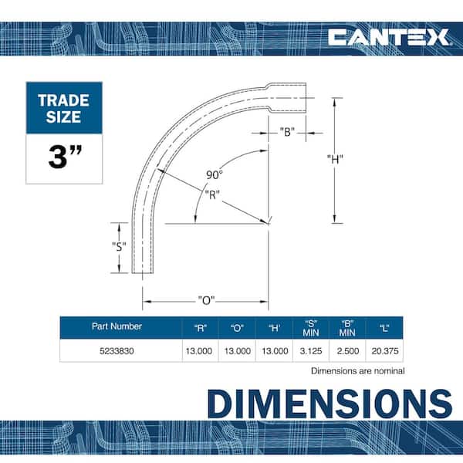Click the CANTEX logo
tap(388, 38)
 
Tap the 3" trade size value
tap(65, 157)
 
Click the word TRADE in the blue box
tap(64, 100)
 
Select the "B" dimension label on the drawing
tap(287, 132)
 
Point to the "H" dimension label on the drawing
tap(335, 159)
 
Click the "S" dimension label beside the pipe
tap(119, 246)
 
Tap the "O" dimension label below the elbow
tap(206, 300)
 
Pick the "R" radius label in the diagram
tap(212, 194)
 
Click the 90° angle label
tap(215, 175)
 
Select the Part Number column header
tap(117, 326)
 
